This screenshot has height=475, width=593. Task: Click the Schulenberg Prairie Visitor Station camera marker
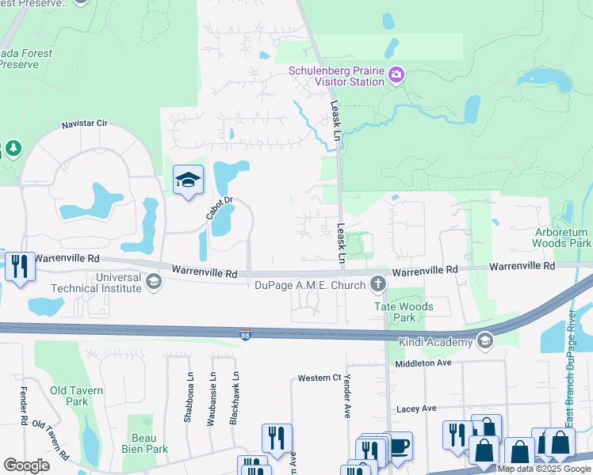(396, 75)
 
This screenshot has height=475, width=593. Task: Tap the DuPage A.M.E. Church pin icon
(378, 283)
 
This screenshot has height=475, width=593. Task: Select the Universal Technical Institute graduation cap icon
(152, 280)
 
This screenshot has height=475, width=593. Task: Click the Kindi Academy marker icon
(484, 340)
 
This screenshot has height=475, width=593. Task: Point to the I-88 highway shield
(246, 335)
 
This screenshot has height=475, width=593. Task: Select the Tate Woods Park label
(404, 312)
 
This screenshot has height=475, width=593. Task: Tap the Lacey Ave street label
(416, 408)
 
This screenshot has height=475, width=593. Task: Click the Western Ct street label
(319, 378)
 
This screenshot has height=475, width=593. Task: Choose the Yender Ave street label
(346, 397)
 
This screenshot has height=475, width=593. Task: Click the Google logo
(26, 465)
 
